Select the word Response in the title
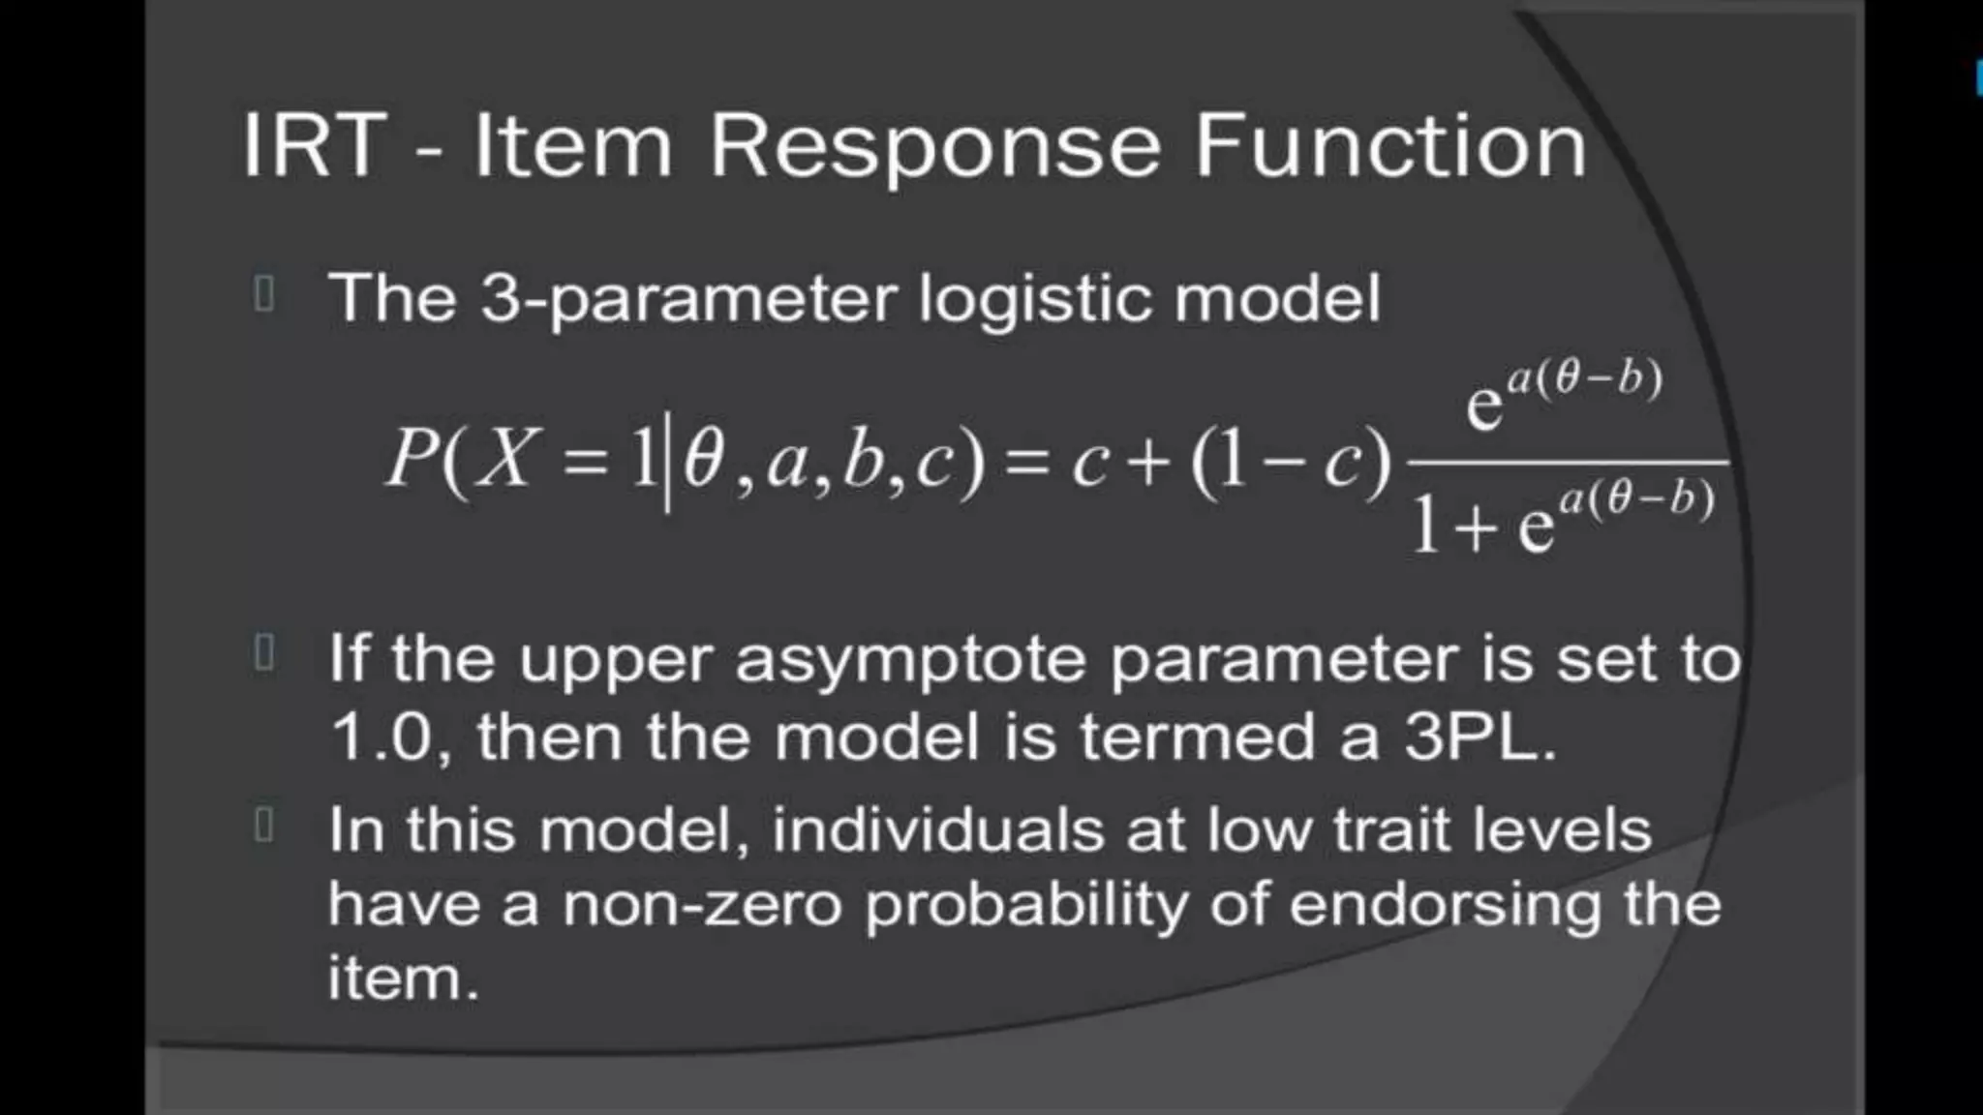point(934,148)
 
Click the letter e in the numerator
point(1483,406)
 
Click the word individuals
point(937,830)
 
